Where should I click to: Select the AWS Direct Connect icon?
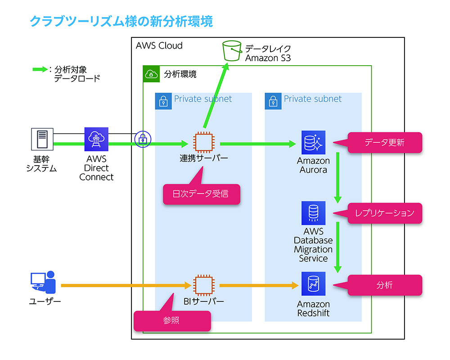tap(96, 139)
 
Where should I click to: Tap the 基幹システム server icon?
tap(42, 139)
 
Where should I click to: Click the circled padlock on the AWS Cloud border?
tap(143, 139)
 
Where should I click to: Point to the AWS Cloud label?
tap(159, 45)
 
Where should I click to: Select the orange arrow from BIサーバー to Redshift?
tap(259, 285)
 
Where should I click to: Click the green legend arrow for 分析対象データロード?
tap(40, 69)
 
